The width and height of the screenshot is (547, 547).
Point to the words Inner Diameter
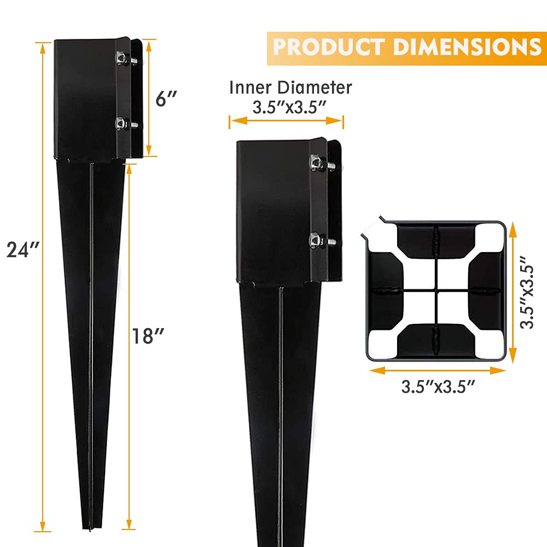tap(290, 87)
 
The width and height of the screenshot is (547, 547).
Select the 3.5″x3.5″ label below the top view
tap(437, 387)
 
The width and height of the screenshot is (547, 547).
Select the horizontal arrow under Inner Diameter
tap(286, 121)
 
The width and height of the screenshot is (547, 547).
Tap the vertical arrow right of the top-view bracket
tap(512, 292)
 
